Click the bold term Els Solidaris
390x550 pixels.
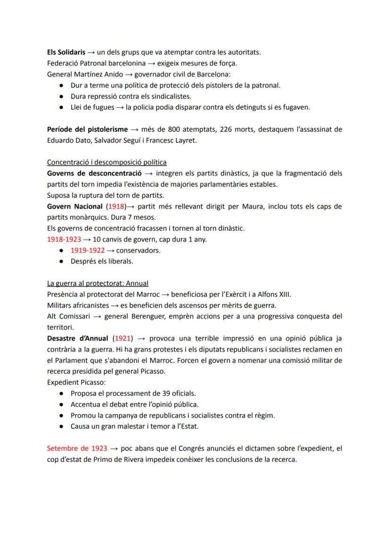(66, 53)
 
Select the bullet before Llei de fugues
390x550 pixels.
(62, 107)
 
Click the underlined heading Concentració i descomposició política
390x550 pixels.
(106, 162)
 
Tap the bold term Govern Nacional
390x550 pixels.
(75, 207)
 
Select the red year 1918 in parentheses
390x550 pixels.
(117, 207)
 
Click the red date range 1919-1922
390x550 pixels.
(88, 250)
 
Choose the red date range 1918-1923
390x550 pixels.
(64, 239)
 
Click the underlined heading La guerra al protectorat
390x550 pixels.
(97, 283)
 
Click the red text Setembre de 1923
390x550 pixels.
(77, 448)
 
